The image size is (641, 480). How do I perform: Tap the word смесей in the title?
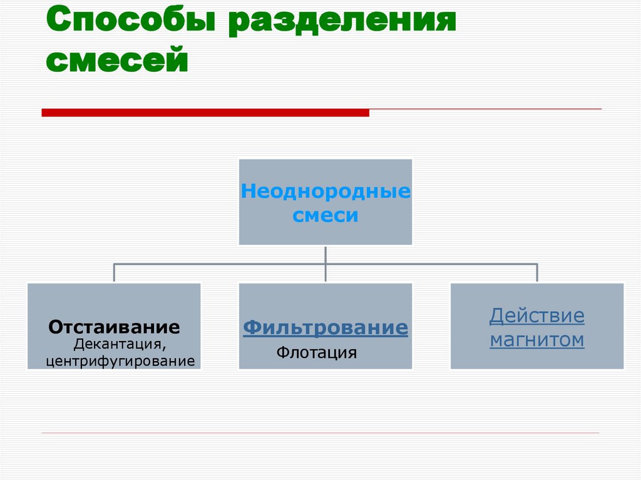coord(117,61)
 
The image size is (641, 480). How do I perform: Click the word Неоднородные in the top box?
coord(326,191)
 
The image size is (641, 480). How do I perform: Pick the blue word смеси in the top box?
coord(326,216)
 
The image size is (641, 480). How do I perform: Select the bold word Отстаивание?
coord(115,327)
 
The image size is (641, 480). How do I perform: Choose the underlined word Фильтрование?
coord(326,327)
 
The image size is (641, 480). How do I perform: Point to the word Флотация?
coord(317,353)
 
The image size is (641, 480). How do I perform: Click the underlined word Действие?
coord(537,315)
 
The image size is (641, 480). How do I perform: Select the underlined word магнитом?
coord(537,340)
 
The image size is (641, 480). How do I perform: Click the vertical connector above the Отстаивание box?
coord(114,273)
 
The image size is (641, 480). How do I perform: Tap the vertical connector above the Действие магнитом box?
coord(537,273)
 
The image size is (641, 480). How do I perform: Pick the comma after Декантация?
coord(165,347)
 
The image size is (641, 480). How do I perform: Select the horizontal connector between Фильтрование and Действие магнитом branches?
coord(432,264)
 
